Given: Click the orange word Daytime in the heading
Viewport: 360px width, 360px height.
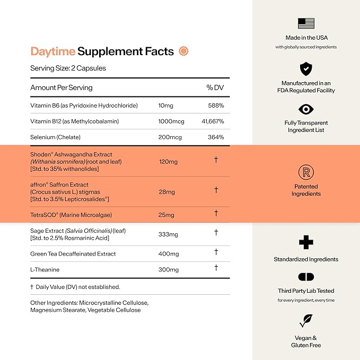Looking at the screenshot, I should click(52, 51).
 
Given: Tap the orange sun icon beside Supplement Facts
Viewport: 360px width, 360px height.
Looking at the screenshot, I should click(183, 51).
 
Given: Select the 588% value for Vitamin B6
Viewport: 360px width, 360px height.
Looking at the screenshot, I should click(216, 106).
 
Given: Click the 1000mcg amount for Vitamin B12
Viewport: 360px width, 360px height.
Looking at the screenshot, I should click(171, 121).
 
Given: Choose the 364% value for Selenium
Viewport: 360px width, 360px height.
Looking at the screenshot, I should click(215, 137).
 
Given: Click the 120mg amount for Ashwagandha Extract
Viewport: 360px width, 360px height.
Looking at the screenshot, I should click(168, 161).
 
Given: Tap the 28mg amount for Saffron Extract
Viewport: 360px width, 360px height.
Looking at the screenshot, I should click(166, 191).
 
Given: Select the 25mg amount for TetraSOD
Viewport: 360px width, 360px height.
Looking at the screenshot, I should click(166, 215).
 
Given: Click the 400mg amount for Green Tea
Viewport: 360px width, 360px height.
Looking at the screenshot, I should click(169, 254).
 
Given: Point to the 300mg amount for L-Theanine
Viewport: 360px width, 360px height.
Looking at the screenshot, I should click(169, 270).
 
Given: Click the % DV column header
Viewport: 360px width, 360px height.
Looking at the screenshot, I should click(215, 87).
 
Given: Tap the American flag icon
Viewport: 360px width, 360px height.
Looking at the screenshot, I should click(306, 23).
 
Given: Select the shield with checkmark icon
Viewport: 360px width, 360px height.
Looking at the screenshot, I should click(306, 68).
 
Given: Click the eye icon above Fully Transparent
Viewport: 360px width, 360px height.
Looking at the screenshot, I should click(306, 109).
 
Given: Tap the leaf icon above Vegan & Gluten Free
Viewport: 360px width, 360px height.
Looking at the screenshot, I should click(306, 320).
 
